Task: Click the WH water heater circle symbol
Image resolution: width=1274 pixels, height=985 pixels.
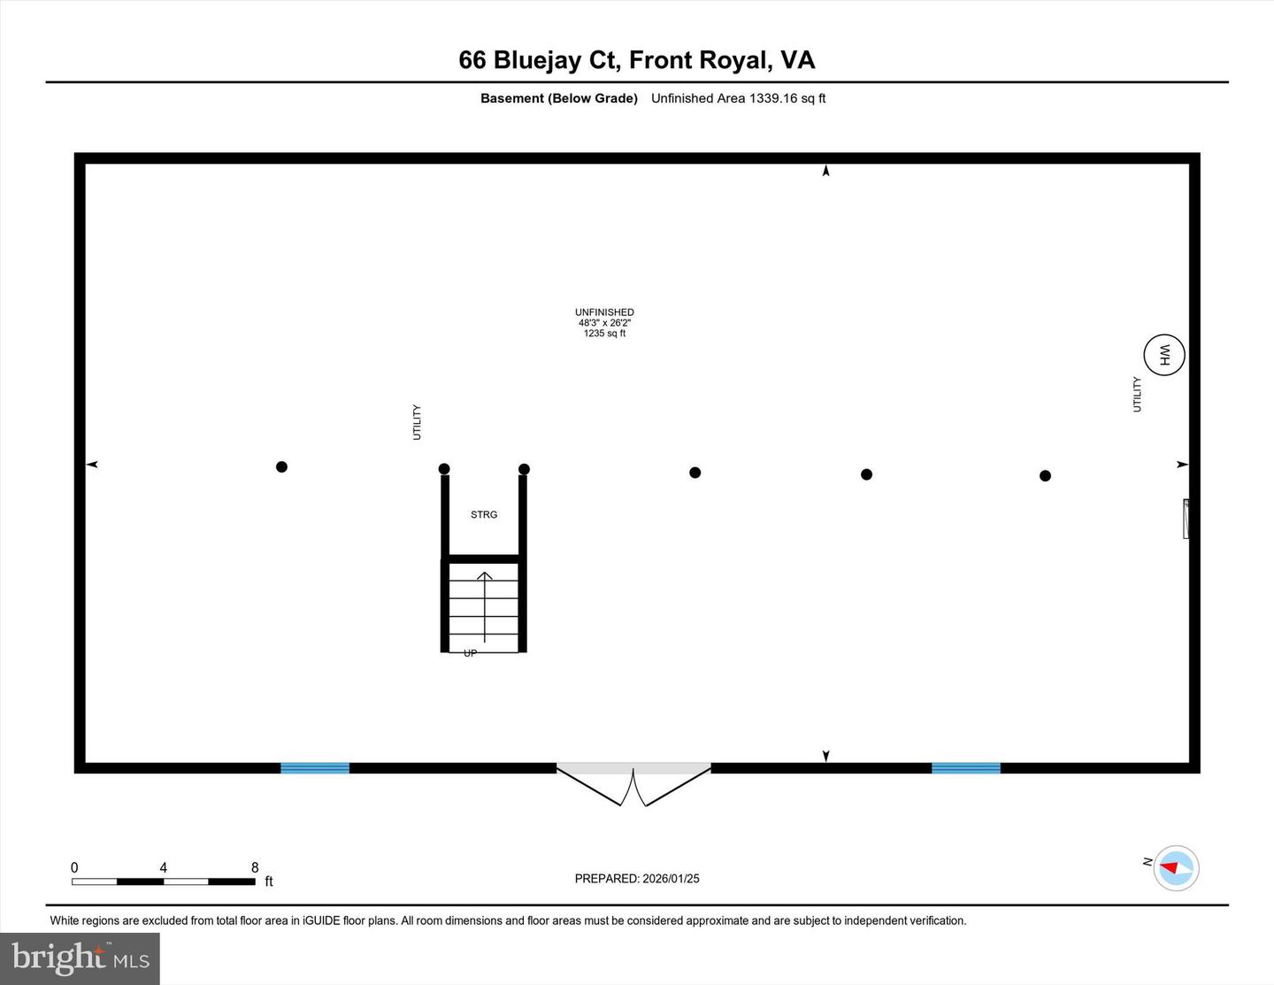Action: tap(1163, 355)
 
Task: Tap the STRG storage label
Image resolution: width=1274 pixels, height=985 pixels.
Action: tap(484, 514)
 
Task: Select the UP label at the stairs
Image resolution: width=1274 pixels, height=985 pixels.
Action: tap(471, 653)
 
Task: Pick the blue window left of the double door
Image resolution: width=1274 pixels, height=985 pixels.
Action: tap(315, 767)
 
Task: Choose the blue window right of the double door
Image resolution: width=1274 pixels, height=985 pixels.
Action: tap(966, 767)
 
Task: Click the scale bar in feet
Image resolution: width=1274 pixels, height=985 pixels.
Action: tap(164, 881)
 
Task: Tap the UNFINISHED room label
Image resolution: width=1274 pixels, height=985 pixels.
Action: tap(604, 312)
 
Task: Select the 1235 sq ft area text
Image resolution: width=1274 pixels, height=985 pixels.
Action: tap(604, 334)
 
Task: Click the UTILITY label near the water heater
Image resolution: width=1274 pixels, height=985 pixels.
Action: tap(1138, 394)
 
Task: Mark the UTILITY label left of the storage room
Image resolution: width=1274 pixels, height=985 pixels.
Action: tap(417, 422)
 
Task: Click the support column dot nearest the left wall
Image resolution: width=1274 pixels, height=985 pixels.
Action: tap(281, 466)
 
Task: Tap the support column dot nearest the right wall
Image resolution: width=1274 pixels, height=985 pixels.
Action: tap(1045, 475)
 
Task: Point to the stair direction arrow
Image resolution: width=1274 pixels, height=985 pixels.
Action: tap(485, 606)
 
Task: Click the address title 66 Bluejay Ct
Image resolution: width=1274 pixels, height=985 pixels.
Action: tap(636, 60)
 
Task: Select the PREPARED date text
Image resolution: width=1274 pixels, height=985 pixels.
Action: tap(637, 879)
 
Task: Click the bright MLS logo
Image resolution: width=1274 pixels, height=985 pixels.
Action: tap(80, 958)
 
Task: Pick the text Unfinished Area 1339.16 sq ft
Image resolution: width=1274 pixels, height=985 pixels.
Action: tap(738, 98)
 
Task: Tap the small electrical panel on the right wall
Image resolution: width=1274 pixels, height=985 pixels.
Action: tap(1186, 519)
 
